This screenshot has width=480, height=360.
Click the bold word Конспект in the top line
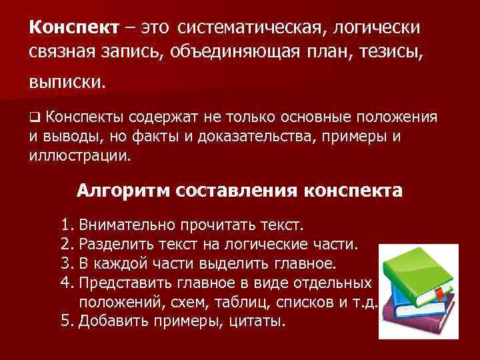[73, 27]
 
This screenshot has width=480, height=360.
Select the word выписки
[67, 83]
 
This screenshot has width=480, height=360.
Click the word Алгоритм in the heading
[124, 191]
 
